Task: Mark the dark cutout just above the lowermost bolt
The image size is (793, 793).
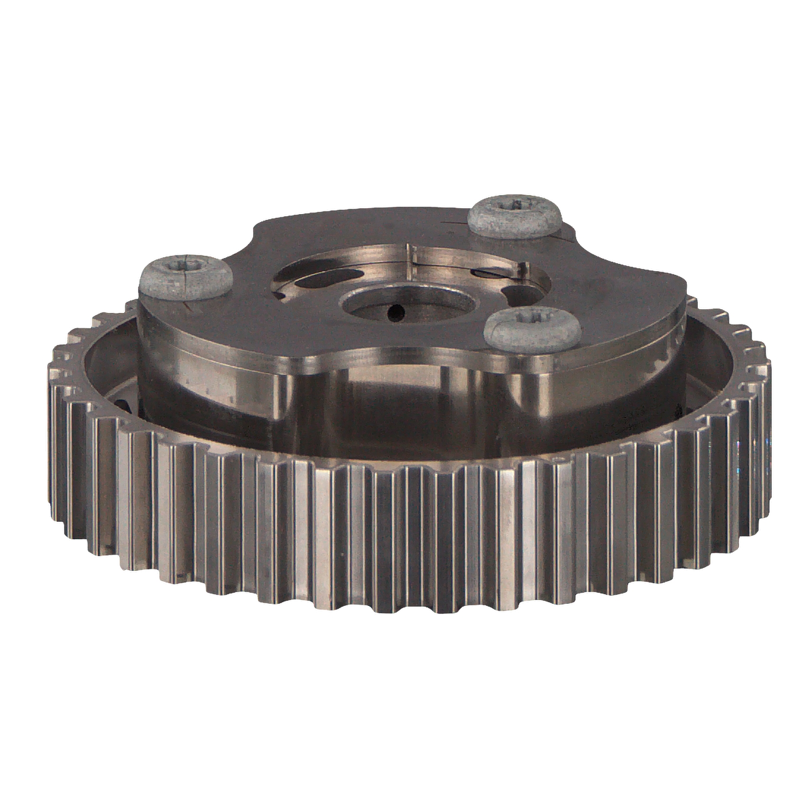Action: (x=514, y=294)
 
